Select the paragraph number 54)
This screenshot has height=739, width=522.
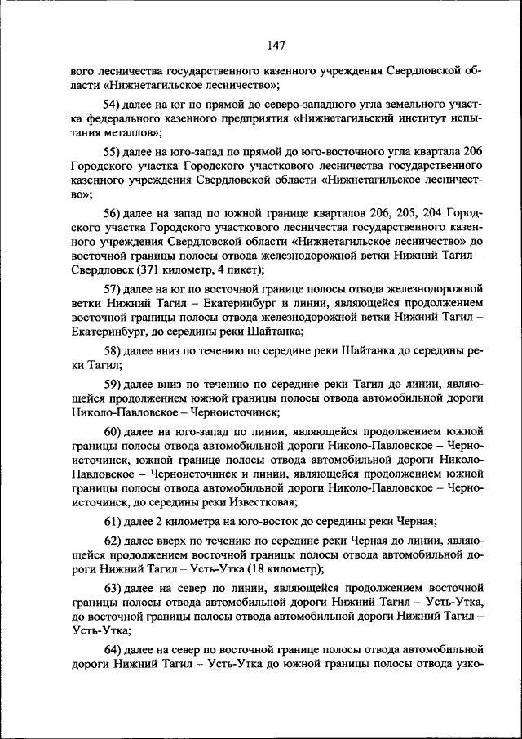112,103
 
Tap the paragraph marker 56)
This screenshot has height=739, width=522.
112,212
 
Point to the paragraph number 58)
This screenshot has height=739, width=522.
112,349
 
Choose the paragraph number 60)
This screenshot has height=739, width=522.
112,432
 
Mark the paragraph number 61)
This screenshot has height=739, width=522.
112,521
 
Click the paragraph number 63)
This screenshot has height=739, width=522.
112,589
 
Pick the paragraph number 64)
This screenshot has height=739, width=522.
112,650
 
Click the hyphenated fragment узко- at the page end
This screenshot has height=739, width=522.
467,665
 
